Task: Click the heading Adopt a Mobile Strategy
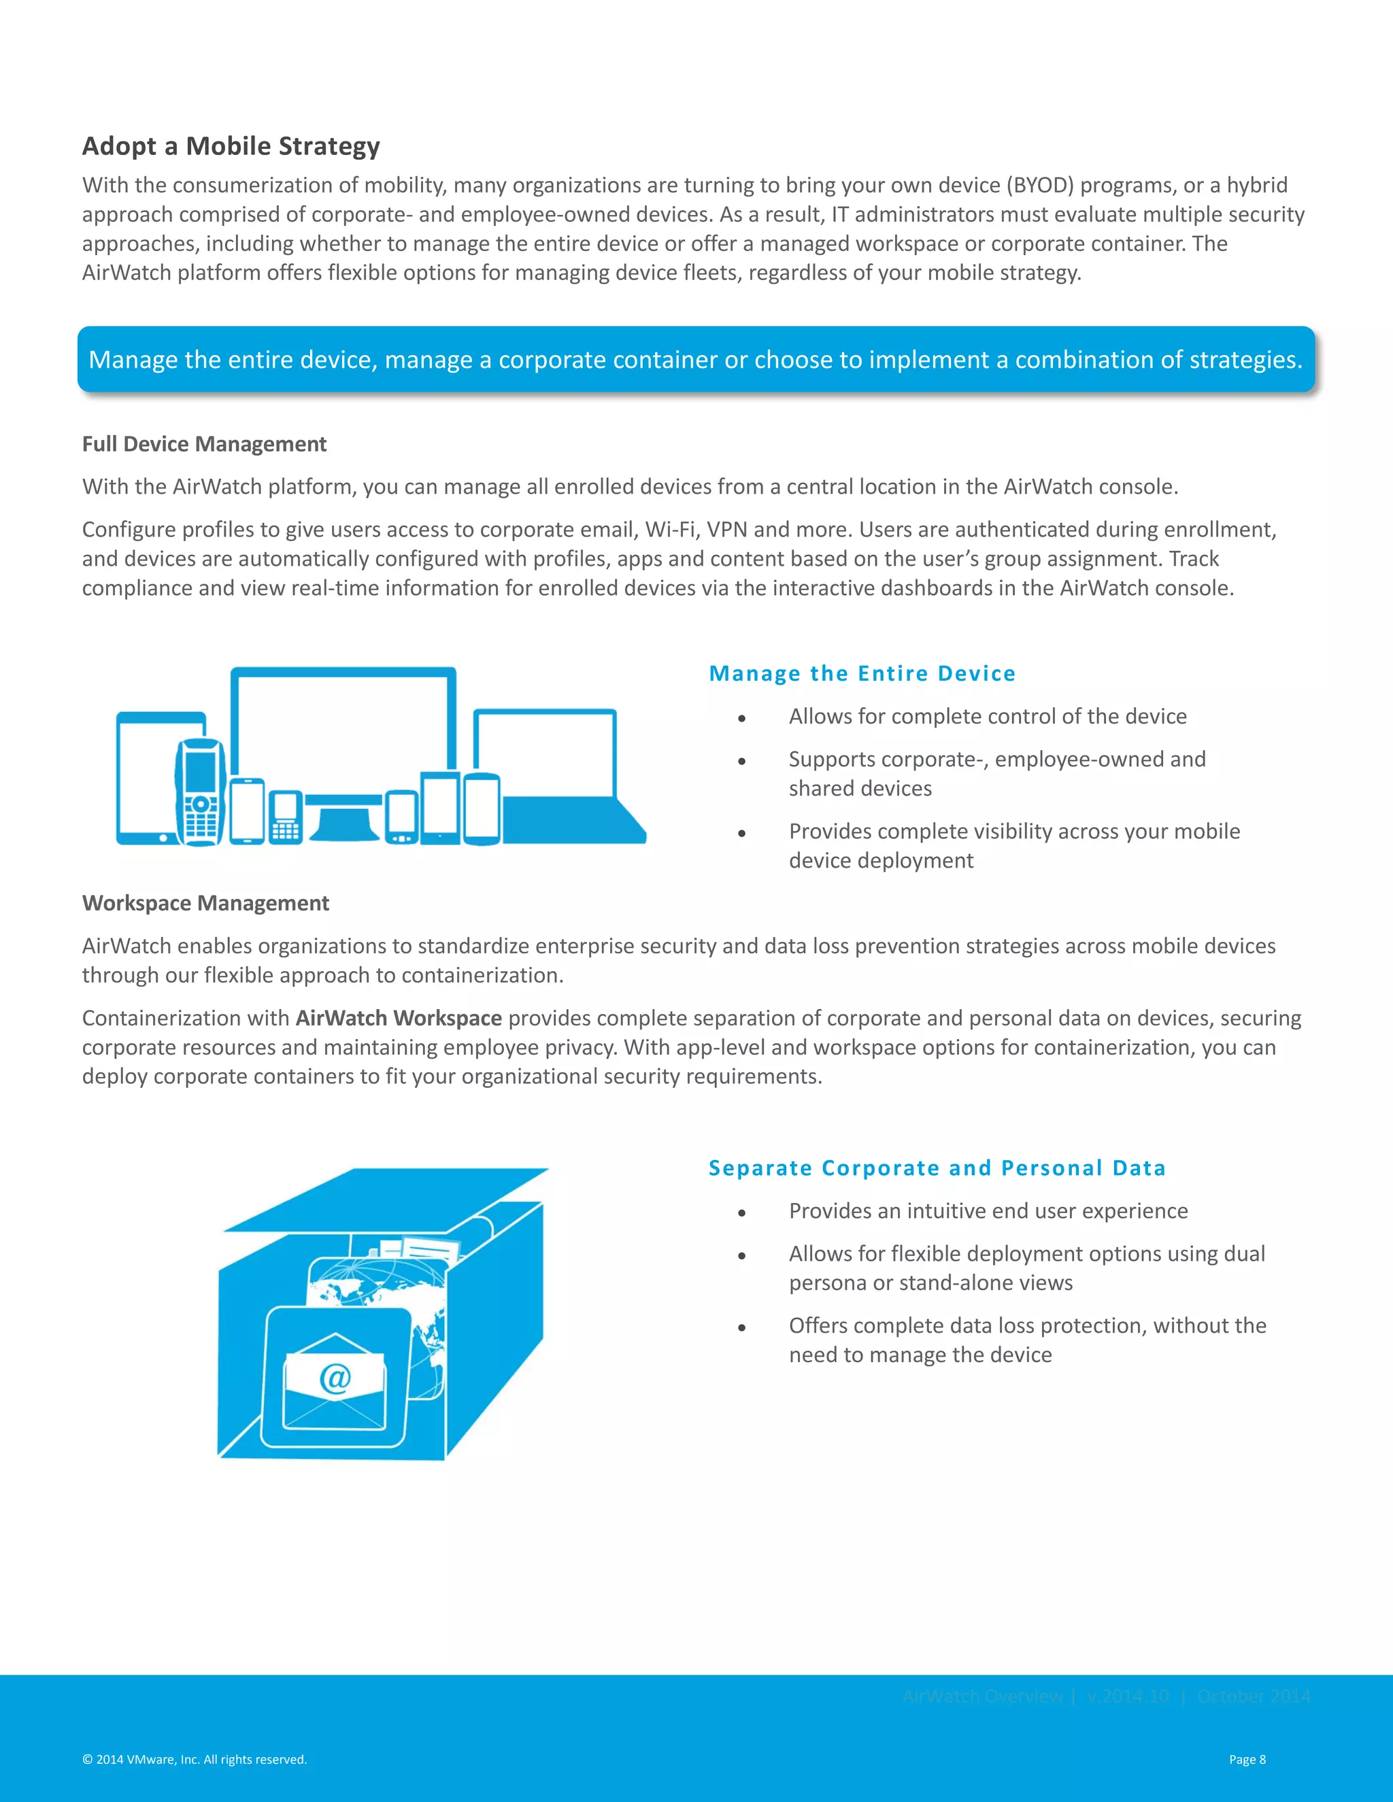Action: click(x=231, y=146)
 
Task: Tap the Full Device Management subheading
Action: click(x=204, y=444)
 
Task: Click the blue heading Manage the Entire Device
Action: click(x=862, y=673)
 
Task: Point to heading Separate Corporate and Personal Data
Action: click(x=937, y=1168)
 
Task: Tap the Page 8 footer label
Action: click(x=1247, y=1759)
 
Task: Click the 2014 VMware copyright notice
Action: click(x=195, y=1759)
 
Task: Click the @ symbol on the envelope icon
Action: click(x=335, y=1377)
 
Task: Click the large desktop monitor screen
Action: click(x=343, y=726)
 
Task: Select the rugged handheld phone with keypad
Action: click(x=200, y=792)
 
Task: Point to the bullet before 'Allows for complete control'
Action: click(x=742, y=719)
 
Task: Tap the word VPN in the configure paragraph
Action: click(x=726, y=529)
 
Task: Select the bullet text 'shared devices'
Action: click(x=860, y=788)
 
